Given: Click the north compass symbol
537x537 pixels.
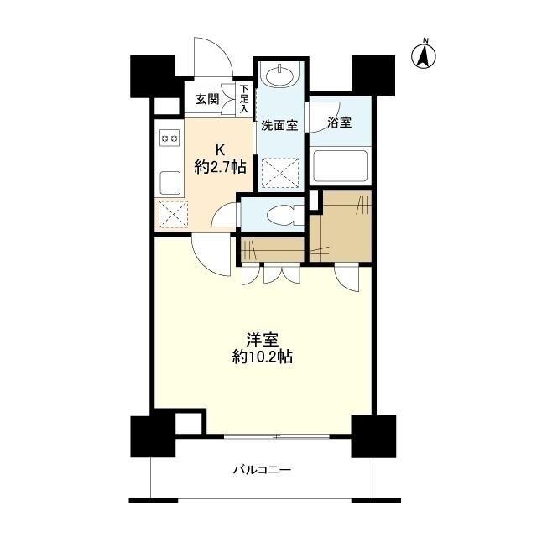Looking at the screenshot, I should click(425, 55).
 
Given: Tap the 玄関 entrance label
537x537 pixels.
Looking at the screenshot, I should click(207, 99).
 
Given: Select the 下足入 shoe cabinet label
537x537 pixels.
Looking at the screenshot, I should click(244, 99).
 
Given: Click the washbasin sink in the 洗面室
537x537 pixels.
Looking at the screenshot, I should click(279, 76).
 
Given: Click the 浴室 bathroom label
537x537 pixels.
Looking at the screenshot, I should click(339, 123).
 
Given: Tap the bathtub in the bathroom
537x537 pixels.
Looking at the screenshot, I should click(339, 169).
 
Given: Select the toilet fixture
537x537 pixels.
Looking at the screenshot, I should click(277, 215).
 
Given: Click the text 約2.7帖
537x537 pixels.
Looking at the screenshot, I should click(220, 166).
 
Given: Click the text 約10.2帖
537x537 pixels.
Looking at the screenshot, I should click(261, 357).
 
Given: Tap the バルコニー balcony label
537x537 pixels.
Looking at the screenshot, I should click(261, 470).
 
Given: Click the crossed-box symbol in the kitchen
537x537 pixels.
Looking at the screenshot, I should click(169, 215).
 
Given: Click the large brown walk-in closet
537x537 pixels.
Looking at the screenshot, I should click(340, 227).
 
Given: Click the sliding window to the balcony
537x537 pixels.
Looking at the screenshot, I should click(277, 436).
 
